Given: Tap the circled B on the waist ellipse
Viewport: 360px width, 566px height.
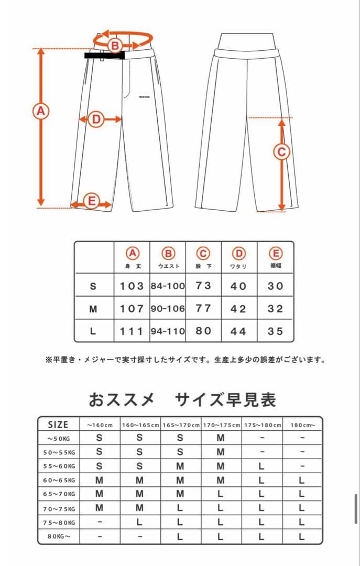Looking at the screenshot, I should (x=115, y=46).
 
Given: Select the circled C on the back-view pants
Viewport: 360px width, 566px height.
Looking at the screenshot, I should (x=281, y=152).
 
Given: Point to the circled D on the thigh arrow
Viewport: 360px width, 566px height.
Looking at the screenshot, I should (x=96, y=119).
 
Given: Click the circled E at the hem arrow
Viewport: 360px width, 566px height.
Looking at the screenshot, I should (x=91, y=201).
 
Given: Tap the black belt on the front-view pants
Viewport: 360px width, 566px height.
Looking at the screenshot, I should (x=104, y=55).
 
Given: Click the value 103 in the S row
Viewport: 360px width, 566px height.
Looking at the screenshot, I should (x=132, y=286).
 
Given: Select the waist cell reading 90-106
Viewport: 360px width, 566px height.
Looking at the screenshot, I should (x=168, y=309).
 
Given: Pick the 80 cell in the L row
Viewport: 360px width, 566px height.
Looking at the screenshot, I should (x=203, y=331).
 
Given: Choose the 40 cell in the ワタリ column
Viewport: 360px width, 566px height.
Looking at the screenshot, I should (x=238, y=286).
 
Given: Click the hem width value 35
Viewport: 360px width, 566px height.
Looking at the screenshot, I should (x=275, y=331).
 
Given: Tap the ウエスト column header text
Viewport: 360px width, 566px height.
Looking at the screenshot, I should (x=168, y=266).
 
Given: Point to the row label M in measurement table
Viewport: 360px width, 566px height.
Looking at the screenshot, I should (x=93, y=309).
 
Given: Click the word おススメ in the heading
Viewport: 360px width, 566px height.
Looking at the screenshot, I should (x=122, y=400).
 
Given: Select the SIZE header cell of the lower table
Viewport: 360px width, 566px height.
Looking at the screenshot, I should (x=58, y=424).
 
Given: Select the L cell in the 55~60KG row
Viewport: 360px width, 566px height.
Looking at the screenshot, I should (x=261, y=466).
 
